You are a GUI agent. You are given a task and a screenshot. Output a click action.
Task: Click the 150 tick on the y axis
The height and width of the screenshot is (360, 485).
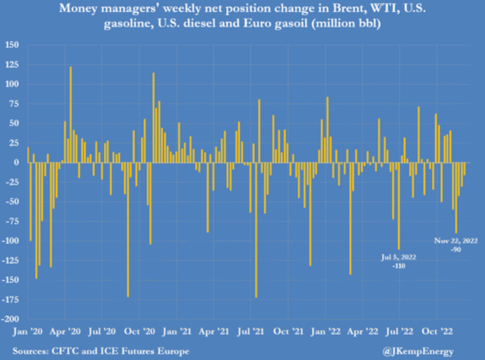(x=12, y=45)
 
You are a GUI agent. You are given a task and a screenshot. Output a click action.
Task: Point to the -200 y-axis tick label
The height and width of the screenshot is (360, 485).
(x=10, y=319)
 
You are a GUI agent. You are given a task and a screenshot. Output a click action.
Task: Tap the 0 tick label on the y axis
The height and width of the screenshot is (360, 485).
(x=16, y=162)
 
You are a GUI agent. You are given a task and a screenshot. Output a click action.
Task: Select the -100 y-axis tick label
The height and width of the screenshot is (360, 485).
(x=10, y=240)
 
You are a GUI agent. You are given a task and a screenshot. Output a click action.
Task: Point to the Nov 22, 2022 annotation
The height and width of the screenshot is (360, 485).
(x=456, y=241)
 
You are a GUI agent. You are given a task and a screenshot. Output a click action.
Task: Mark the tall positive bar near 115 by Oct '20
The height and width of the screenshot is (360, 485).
(x=153, y=117)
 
